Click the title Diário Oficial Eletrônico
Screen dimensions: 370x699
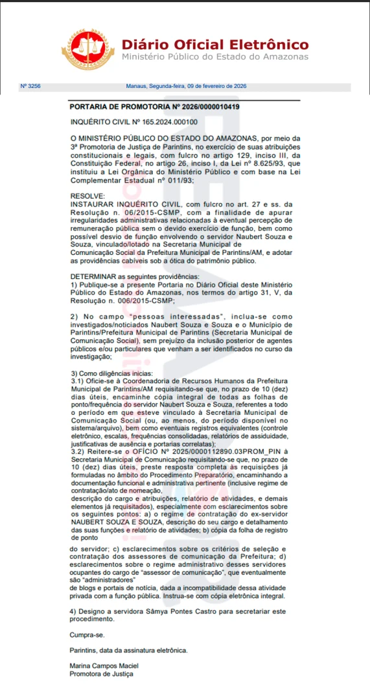[215, 45]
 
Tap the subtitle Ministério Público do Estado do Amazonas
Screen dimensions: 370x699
[214, 57]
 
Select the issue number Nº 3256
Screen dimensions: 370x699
[30, 86]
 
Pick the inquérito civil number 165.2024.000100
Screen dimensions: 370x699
[160, 122]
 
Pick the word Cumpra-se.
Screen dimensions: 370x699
[87, 636]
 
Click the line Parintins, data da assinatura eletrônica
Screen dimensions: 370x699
[129, 650]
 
